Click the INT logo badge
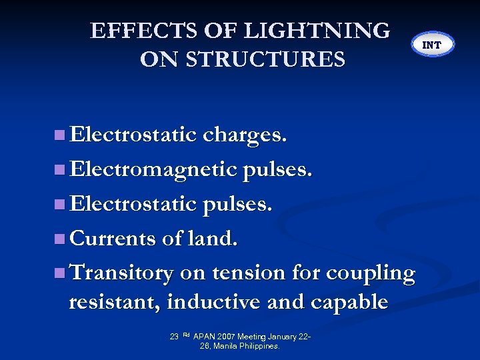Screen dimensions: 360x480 pyautogui.click(x=432, y=45)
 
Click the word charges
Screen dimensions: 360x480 pyautogui.click(x=245, y=135)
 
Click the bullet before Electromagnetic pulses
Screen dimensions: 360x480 pyautogui.click(x=60, y=169)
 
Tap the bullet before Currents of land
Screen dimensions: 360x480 pyautogui.click(x=60, y=239)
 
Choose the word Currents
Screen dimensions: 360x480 pyautogui.click(x=114, y=238)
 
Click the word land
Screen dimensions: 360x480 pyautogui.click(x=214, y=238)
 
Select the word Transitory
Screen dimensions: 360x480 pyautogui.click(x=121, y=273)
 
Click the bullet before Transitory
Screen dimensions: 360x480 pyautogui.click(x=60, y=273)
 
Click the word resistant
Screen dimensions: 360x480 pyautogui.click(x=115, y=302)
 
